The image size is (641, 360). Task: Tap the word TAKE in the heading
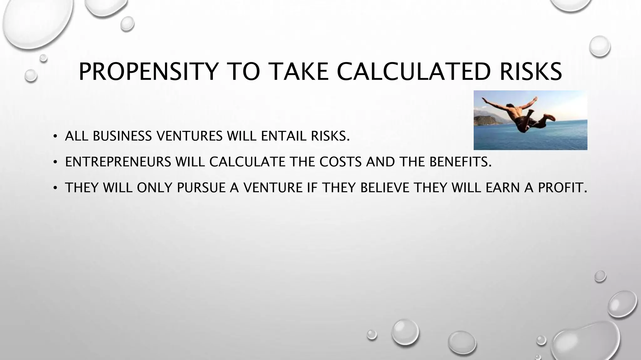(299, 72)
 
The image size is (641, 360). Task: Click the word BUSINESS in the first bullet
(122, 136)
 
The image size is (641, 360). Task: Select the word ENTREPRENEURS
(118, 162)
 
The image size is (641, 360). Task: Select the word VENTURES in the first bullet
(189, 136)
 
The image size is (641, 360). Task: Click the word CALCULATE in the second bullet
(247, 162)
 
